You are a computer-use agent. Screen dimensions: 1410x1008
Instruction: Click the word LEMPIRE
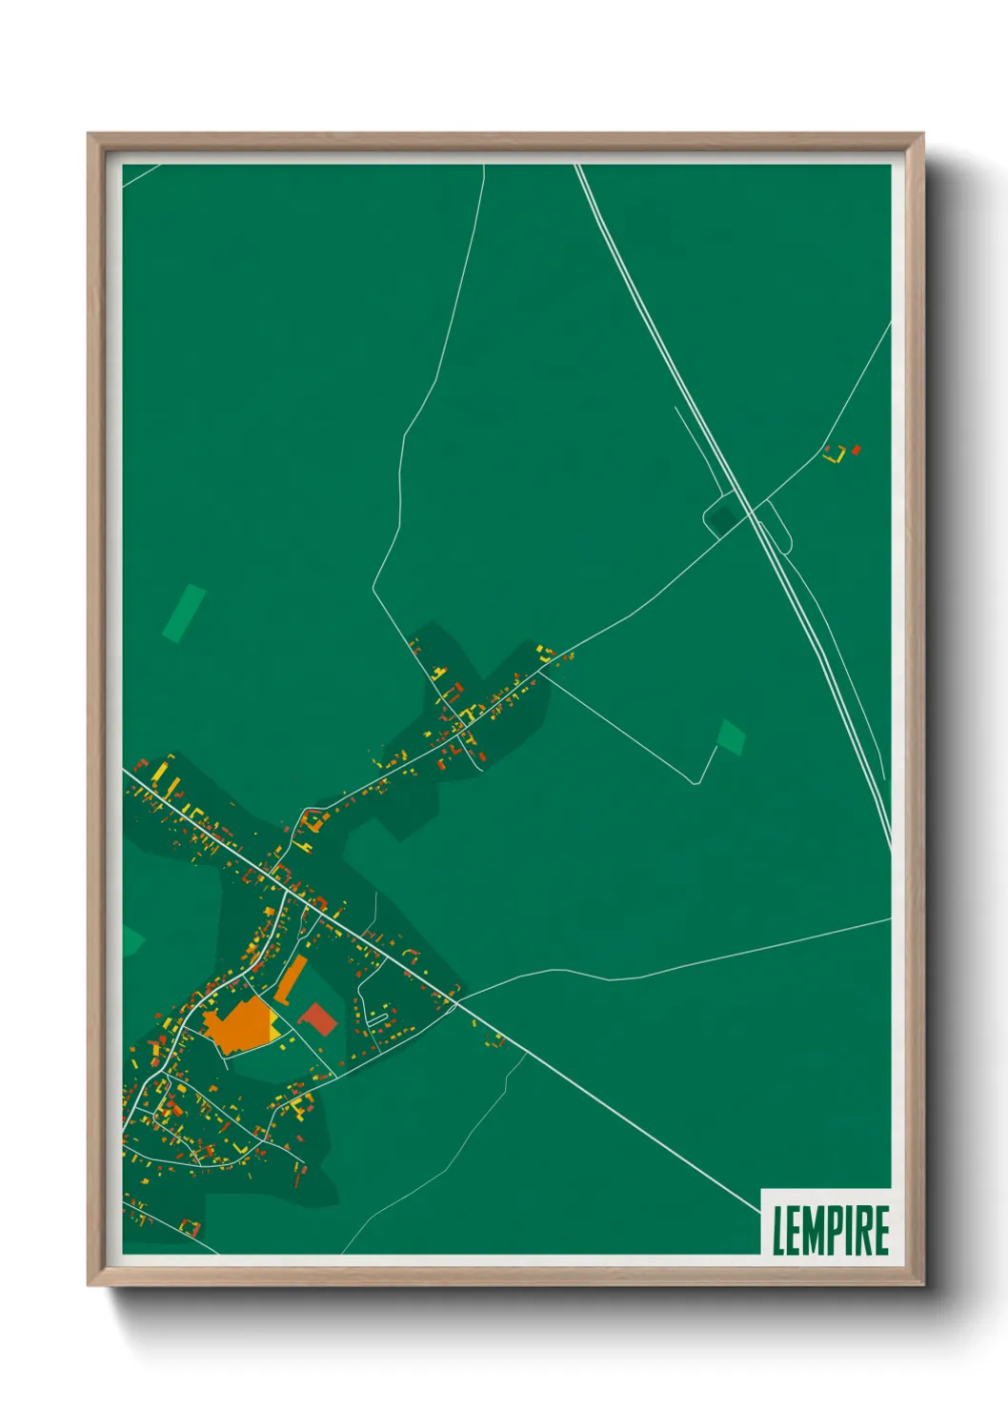(x=831, y=1230)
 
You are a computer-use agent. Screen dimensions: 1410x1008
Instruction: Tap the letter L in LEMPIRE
(x=778, y=1231)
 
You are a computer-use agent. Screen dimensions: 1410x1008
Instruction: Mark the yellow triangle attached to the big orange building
(x=275, y=1027)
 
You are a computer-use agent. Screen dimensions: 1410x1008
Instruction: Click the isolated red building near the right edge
(x=857, y=449)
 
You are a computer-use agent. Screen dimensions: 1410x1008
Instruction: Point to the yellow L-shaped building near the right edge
(x=836, y=455)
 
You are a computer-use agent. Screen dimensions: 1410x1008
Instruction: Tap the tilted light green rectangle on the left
(x=184, y=613)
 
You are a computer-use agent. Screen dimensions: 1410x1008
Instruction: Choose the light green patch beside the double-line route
(x=731, y=737)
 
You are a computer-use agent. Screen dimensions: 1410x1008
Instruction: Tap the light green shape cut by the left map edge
(x=131, y=940)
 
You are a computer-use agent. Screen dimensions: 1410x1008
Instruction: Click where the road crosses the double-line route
(x=752, y=512)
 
